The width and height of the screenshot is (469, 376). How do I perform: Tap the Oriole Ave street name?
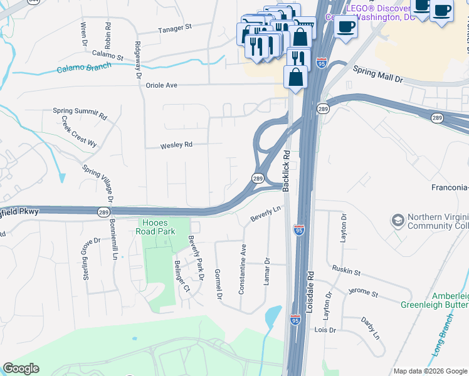point(162,85)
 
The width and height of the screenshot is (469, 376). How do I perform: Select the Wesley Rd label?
point(176,145)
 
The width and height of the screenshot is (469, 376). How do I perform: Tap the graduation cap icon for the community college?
point(398,221)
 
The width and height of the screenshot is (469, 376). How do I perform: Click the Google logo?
point(21,368)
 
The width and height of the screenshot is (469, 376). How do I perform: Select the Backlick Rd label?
point(287,162)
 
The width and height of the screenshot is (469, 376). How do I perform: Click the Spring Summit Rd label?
point(80,113)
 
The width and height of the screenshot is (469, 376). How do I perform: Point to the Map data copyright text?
point(429,370)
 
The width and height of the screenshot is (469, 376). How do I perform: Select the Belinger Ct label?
point(182,276)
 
